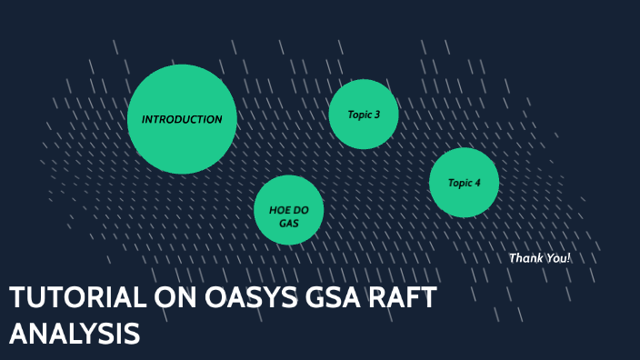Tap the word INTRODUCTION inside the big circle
pyautogui.click(x=182, y=119)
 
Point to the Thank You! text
pyautogui.click(x=540, y=258)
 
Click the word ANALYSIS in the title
pyautogui.click(x=75, y=333)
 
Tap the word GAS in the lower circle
pyautogui.click(x=289, y=222)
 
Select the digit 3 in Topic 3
pyautogui.click(x=376, y=115)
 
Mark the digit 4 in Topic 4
pyautogui.click(x=477, y=183)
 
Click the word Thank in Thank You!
pyautogui.click(x=525, y=258)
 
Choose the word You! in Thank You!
pyautogui.click(x=558, y=258)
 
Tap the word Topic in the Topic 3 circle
pyautogui.click(x=359, y=115)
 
